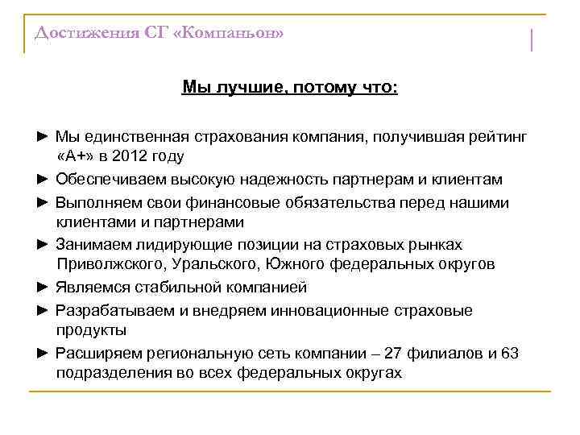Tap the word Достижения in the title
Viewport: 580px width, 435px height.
(78, 33)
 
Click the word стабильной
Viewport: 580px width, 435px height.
(180, 287)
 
